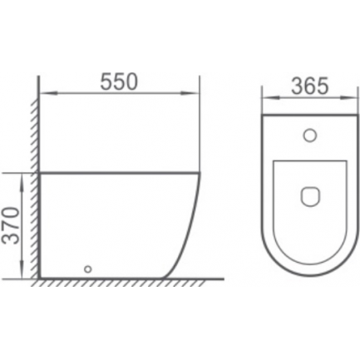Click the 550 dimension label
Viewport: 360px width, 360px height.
coord(119,81)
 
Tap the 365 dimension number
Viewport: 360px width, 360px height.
coord(309,86)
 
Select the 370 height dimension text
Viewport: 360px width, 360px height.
coord(12,226)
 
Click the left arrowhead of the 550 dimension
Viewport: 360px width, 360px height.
coord(48,94)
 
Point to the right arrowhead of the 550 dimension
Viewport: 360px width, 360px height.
coord(190,94)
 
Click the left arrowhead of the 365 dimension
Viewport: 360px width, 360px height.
coord(270,97)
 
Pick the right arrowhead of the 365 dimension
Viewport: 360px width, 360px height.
coord(348,97)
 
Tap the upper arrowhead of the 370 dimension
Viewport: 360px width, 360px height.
coord(22,182)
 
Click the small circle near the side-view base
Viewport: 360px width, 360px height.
coord(88,269)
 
